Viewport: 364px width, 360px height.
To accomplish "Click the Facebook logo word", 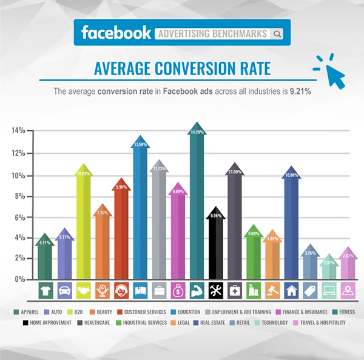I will point(115,33).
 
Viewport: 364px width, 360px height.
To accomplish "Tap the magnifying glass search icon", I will point(277,33).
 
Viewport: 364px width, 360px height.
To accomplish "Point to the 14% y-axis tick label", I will point(18,130).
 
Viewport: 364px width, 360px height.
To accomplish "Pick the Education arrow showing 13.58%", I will point(141,206).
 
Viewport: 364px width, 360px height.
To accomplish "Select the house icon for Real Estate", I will point(292,290).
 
